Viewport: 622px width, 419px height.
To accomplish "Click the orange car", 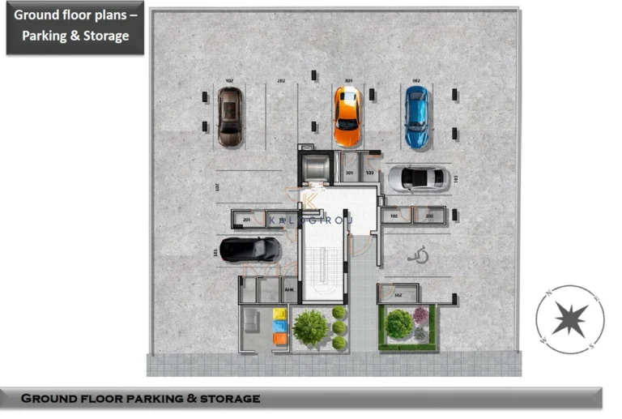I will click(x=347, y=116).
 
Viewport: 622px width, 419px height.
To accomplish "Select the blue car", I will click(x=416, y=118).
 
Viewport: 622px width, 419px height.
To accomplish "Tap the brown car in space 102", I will click(x=229, y=116).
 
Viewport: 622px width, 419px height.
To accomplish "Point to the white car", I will click(x=415, y=178).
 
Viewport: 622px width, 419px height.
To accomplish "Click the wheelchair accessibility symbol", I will click(x=419, y=256).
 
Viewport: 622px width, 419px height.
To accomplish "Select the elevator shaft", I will click(x=314, y=167).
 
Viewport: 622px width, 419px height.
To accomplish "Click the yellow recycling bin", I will click(x=280, y=314).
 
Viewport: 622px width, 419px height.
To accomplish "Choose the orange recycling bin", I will click(x=280, y=339).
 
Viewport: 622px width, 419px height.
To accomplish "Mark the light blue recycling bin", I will click(x=280, y=327).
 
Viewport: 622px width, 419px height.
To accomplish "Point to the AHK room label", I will click(x=289, y=290).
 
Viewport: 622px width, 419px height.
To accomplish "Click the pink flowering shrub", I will click(x=421, y=314).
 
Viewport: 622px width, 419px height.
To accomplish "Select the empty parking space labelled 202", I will click(x=281, y=113).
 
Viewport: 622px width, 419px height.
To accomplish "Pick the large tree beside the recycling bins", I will click(x=310, y=327).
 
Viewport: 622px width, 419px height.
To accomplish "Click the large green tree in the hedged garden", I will click(x=398, y=324).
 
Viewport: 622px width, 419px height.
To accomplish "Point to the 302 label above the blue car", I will click(x=416, y=81).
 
